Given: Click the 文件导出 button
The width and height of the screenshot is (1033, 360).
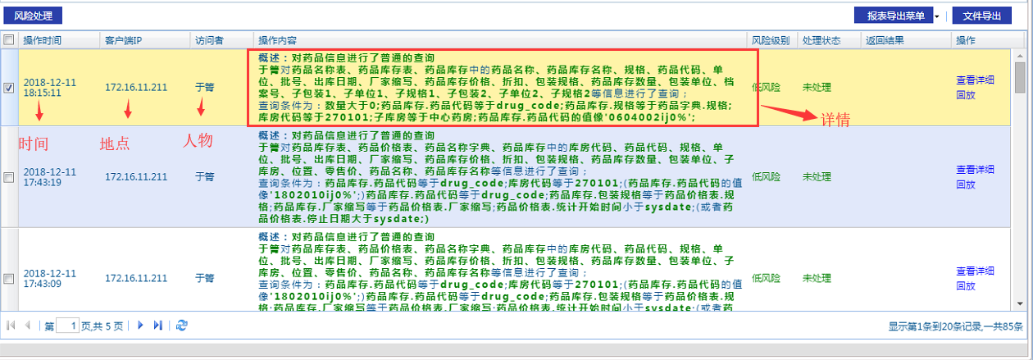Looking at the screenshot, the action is [x=981, y=16].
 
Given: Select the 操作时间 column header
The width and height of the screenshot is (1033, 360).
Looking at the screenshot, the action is [x=42, y=40].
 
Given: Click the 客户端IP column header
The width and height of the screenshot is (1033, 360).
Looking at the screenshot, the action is [x=124, y=40].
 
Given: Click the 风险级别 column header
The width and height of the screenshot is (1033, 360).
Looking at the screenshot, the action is [x=771, y=40].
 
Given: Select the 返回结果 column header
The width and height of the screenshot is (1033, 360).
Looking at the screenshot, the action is [x=884, y=40].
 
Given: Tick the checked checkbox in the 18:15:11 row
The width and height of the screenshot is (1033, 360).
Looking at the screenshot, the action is [x=9, y=89].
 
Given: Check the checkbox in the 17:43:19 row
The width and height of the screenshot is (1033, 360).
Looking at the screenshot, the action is [x=9, y=177].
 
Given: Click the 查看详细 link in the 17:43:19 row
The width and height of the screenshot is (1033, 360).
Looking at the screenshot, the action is [x=975, y=170].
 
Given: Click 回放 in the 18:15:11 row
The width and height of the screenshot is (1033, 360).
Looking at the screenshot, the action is [x=965, y=94].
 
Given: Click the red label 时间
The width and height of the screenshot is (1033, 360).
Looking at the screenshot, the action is [x=34, y=144].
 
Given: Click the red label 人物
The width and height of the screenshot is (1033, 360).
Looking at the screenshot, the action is [x=198, y=141].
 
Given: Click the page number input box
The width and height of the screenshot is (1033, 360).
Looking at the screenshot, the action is [x=68, y=326].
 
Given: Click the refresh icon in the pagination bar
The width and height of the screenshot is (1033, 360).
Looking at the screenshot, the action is [x=182, y=326].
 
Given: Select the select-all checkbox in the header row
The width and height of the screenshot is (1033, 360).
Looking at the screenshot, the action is [x=9, y=40].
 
